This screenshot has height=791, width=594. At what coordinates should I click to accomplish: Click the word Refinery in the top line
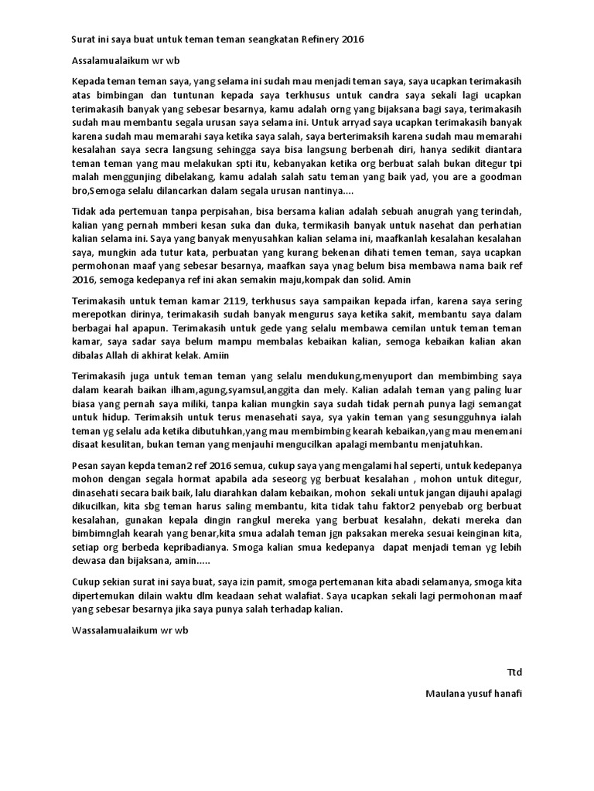point(319,39)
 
